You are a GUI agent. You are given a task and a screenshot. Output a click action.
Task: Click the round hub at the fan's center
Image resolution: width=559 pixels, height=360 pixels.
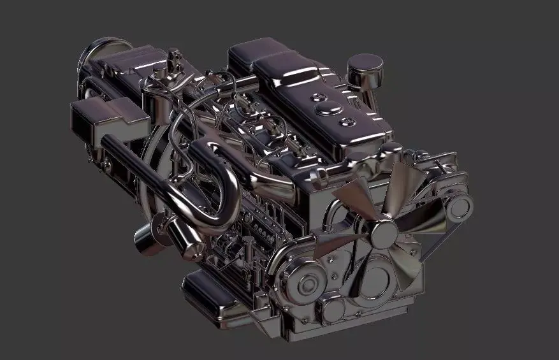click(x=384, y=234)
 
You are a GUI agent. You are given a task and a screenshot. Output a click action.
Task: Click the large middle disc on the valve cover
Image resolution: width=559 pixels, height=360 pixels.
click(x=326, y=109)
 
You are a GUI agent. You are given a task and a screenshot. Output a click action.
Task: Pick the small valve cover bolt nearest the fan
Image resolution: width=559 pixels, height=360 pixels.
click(x=347, y=121)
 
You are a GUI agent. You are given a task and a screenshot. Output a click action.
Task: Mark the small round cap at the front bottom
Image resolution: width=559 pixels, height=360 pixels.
click(x=332, y=311)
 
